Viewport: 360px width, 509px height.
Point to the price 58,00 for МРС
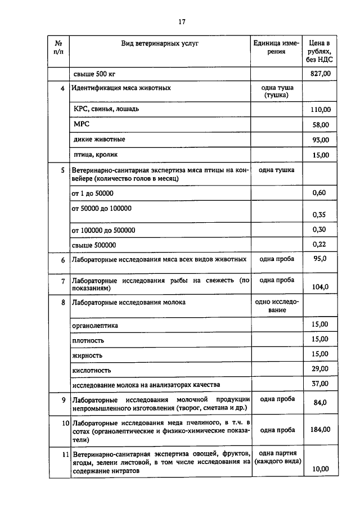pyautogui.click(x=321, y=125)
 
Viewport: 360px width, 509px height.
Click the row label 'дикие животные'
pyautogui.click(x=99, y=139)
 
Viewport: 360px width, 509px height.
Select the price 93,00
pyautogui.click(x=321, y=140)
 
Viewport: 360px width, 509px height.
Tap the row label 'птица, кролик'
pyautogui.click(x=95, y=154)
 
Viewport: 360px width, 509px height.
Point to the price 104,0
pyautogui.click(x=320, y=287)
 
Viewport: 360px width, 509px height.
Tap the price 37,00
pyautogui.click(x=319, y=384)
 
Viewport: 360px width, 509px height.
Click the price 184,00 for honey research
pyautogui.click(x=320, y=430)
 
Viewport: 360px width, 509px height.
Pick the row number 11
pyautogui.click(x=65, y=454)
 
